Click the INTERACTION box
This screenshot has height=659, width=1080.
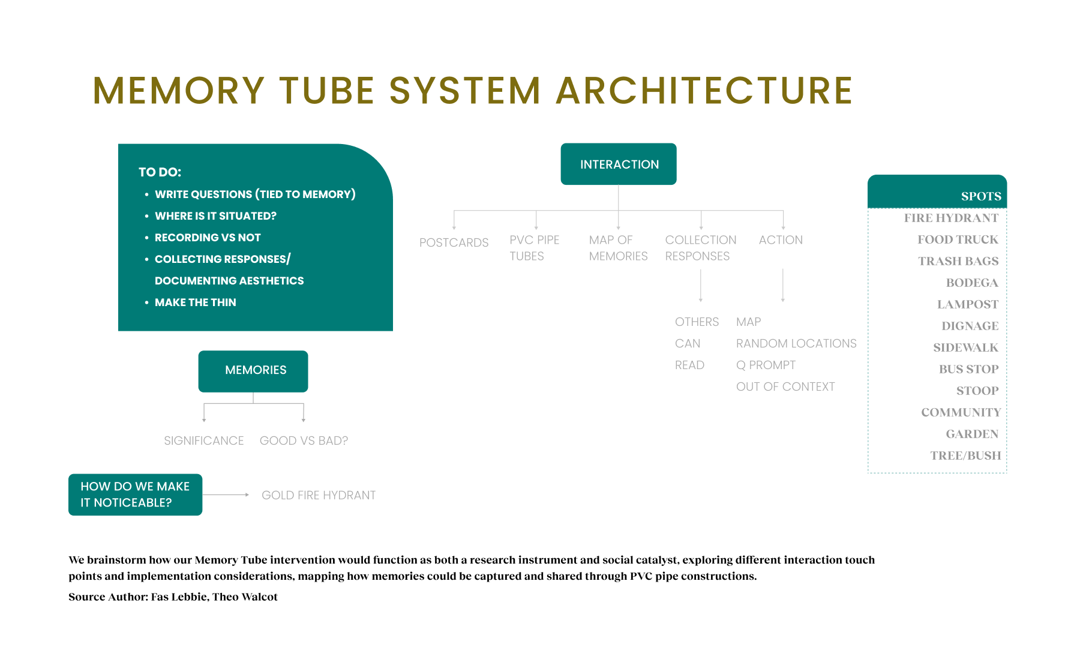click(619, 164)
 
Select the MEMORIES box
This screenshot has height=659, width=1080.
click(253, 371)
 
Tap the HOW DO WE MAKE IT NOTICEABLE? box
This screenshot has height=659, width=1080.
click(135, 495)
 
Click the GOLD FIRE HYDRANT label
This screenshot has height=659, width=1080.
click(319, 495)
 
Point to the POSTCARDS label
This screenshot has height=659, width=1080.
click(454, 242)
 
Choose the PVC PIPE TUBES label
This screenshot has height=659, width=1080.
click(534, 248)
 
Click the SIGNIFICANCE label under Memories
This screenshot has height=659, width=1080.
click(204, 441)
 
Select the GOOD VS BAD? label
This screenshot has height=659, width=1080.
click(304, 441)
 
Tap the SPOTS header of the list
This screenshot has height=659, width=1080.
click(980, 196)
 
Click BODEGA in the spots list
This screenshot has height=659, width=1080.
click(972, 283)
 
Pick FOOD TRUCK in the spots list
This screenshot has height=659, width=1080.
click(958, 239)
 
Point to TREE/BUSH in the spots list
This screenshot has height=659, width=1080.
click(965, 456)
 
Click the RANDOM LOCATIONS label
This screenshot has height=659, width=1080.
click(796, 343)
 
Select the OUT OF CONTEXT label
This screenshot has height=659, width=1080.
click(785, 387)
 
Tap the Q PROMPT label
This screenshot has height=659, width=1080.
click(766, 365)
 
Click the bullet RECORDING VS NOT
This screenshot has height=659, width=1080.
click(208, 238)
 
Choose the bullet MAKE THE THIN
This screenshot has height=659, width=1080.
click(196, 302)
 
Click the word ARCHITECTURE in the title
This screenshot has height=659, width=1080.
click(704, 91)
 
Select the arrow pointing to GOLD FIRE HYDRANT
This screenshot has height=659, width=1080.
click(226, 495)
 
